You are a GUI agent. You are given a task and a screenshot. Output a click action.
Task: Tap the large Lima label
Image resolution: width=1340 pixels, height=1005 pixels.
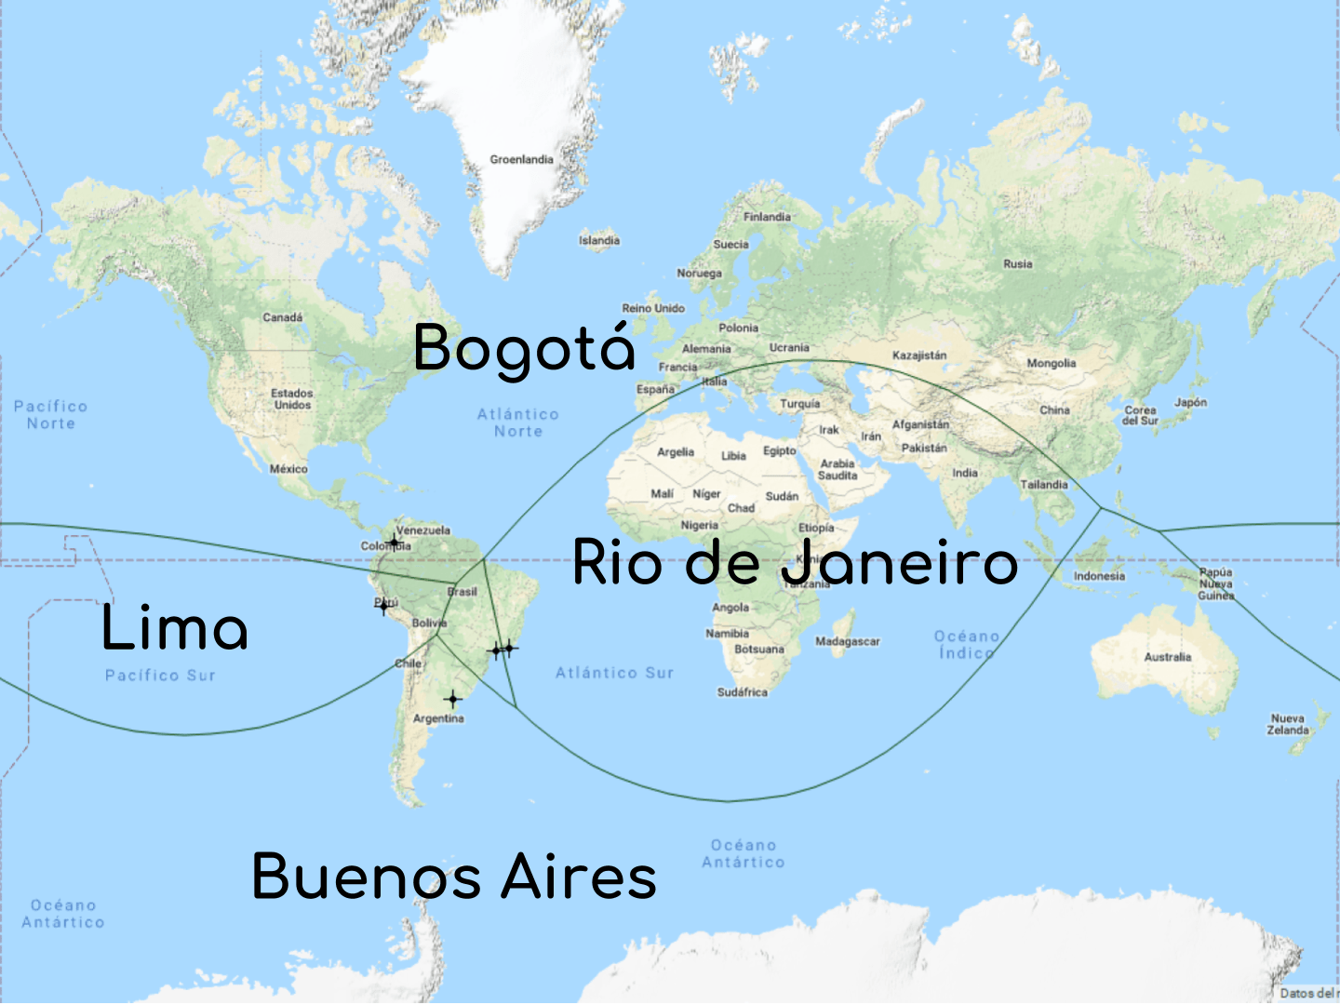point(175,628)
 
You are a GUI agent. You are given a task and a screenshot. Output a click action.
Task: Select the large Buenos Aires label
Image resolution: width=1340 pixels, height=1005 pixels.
point(454,877)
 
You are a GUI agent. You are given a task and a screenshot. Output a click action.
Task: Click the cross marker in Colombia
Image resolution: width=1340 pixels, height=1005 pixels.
point(394,542)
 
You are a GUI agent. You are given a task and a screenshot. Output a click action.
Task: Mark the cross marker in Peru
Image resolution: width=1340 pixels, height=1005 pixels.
point(383,607)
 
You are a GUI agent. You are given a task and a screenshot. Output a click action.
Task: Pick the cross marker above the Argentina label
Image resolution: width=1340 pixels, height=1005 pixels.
point(452,698)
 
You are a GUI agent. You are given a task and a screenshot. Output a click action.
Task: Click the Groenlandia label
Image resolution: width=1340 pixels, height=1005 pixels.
point(521,160)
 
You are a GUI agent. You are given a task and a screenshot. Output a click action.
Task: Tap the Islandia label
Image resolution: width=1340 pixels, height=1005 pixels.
point(599,240)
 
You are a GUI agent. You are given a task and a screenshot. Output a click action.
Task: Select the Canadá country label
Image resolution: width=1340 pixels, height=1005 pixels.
point(282,317)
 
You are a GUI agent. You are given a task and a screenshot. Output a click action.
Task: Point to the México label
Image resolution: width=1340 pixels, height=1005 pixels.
point(288,469)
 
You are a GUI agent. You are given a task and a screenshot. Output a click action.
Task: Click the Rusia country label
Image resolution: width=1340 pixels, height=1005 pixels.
point(1018,264)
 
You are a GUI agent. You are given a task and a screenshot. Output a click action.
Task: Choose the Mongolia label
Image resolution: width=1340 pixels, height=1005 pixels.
point(1052,364)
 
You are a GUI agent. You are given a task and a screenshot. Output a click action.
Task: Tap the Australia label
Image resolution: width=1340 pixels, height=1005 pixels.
point(1168,657)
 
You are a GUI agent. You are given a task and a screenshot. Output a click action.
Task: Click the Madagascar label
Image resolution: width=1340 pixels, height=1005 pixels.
point(847,641)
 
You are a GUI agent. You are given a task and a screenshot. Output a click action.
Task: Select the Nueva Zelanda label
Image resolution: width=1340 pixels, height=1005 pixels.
point(1288,724)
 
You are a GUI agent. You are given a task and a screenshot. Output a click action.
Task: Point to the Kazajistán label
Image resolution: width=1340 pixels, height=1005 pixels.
point(919,355)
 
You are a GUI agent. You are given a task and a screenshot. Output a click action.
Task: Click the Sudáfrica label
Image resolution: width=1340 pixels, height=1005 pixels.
point(743,692)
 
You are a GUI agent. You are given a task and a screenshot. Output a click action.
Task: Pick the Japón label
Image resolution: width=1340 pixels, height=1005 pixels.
point(1190,403)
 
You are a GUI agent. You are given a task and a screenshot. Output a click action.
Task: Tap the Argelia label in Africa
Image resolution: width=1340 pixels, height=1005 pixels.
point(676,452)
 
